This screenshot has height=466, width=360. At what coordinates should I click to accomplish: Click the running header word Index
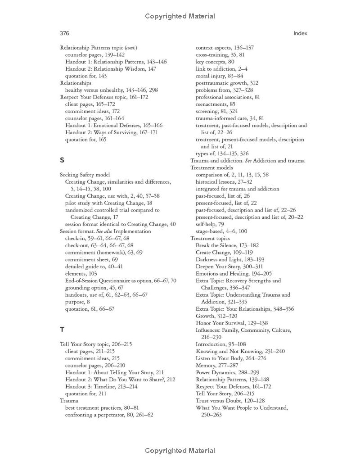click(x=300, y=33)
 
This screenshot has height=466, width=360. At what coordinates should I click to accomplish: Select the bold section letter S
click(x=62, y=160)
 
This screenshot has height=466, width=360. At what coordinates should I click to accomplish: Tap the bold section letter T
click(x=62, y=329)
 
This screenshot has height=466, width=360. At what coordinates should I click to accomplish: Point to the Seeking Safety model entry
click(x=85, y=175)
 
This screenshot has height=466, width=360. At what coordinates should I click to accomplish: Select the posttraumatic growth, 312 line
click(x=227, y=83)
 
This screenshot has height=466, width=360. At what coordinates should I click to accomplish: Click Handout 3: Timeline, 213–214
click(x=101, y=386)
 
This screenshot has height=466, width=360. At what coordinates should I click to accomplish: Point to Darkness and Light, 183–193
click(x=230, y=259)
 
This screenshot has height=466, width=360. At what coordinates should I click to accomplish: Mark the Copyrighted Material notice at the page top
click(x=180, y=16)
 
